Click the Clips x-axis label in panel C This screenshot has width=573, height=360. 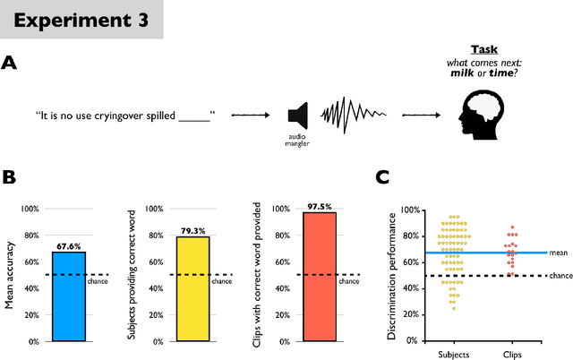click(511, 353)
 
